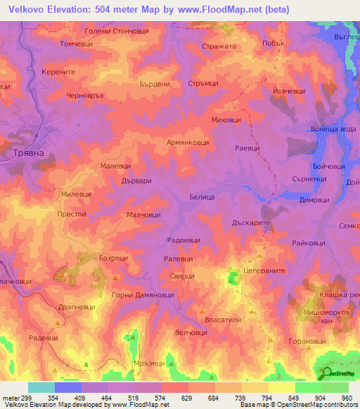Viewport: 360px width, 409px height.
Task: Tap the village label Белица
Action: click(x=201, y=198)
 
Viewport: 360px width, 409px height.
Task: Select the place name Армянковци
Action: click(x=187, y=142)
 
